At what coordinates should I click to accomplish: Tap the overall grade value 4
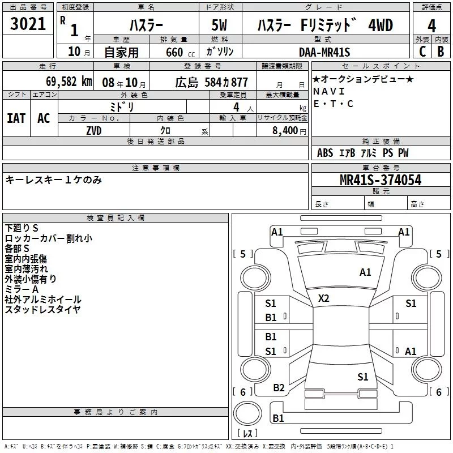pyautogui.click(x=431, y=25)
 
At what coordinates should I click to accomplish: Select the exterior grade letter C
pyautogui.click(x=421, y=52)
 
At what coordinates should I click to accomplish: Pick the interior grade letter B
pyautogui.click(x=441, y=52)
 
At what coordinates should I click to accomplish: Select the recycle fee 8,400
pyautogui.click(x=285, y=131)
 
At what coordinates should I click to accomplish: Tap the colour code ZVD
pyautogui.click(x=94, y=131)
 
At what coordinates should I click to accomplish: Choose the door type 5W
pyautogui.click(x=220, y=25)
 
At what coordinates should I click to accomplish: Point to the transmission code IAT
pyautogui.click(x=16, y=118)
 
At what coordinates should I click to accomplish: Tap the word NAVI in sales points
pyautogui.click(x=328, y=91)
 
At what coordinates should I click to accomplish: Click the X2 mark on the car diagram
pyautogui.click(x=323, y=298)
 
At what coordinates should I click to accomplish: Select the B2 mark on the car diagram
pyautogui.click(x=279, y=387)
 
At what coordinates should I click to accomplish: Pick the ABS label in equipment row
pyautogui.click(x=325, y=153)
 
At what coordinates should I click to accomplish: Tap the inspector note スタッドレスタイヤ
pyautogui.click(x=43, y=309)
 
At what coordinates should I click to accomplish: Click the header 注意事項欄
pyautogui.click(x=155, y=168)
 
